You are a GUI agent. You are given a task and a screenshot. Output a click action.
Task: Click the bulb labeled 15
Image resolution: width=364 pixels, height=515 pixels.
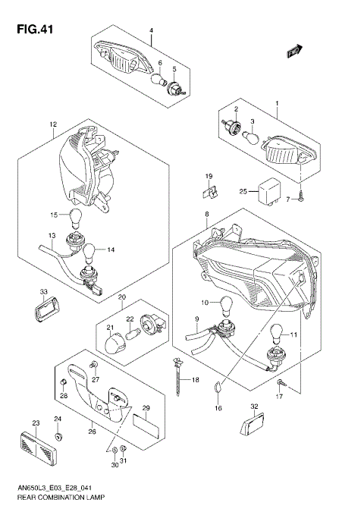click(74, 218)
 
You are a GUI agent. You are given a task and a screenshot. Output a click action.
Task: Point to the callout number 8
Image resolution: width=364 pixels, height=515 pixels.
click(206, 215)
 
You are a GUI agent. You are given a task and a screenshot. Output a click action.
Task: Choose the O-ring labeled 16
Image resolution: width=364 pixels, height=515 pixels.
click(217, 387)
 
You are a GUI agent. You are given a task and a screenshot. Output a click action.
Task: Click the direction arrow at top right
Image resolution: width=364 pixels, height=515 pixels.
click(295, 51)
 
